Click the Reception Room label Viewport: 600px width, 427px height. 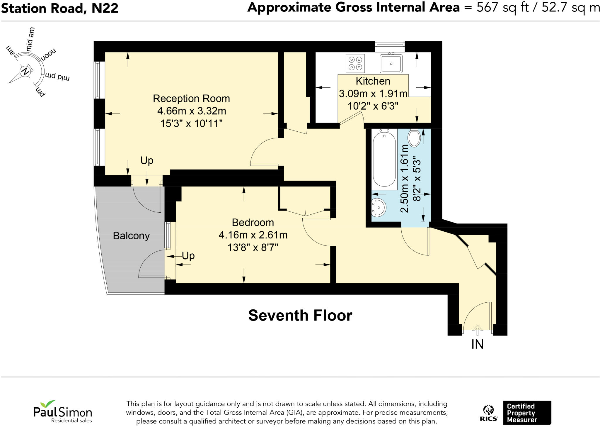(x=191, y=99)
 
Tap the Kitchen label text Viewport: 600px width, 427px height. (x=373, y=81)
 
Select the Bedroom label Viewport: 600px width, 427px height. (x=253, y=223)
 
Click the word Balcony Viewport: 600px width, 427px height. (x=131, y=236)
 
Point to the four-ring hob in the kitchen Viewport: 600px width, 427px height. (x=355, y=63)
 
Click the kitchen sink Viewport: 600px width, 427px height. (x=391, y=64)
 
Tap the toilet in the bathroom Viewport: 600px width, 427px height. (x=414, y=138)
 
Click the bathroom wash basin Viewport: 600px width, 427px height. (x=379, y=207)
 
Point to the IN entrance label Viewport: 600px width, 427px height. (x=477, y=344)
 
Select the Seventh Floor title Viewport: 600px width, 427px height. (x=300, y=316)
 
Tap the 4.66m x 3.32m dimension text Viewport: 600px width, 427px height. (x=192, y=111)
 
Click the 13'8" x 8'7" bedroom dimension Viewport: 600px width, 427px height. (x=253, y=248)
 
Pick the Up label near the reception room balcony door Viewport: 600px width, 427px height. (x=147, y=161)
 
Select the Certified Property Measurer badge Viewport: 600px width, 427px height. (x=527, y=413)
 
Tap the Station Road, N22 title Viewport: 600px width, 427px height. (x=60, y=8)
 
